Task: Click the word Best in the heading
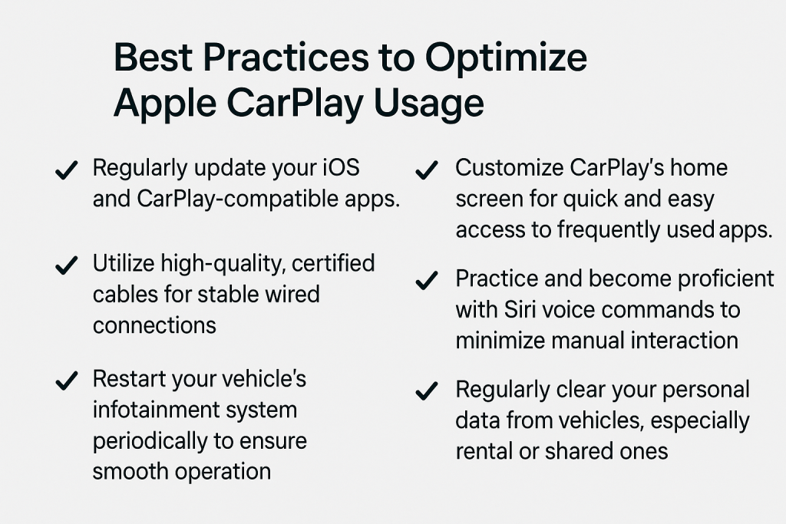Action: point(153,58)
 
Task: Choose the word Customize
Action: point(510,168)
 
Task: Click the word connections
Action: point(154,326)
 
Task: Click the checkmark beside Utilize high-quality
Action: point(67,265)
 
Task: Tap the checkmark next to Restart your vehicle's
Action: point(67,381)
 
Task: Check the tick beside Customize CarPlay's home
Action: point(427,170)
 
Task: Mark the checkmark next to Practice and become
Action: point(427,281)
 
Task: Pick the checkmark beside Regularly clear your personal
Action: point(427,391)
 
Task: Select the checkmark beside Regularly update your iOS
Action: point(67,170)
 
